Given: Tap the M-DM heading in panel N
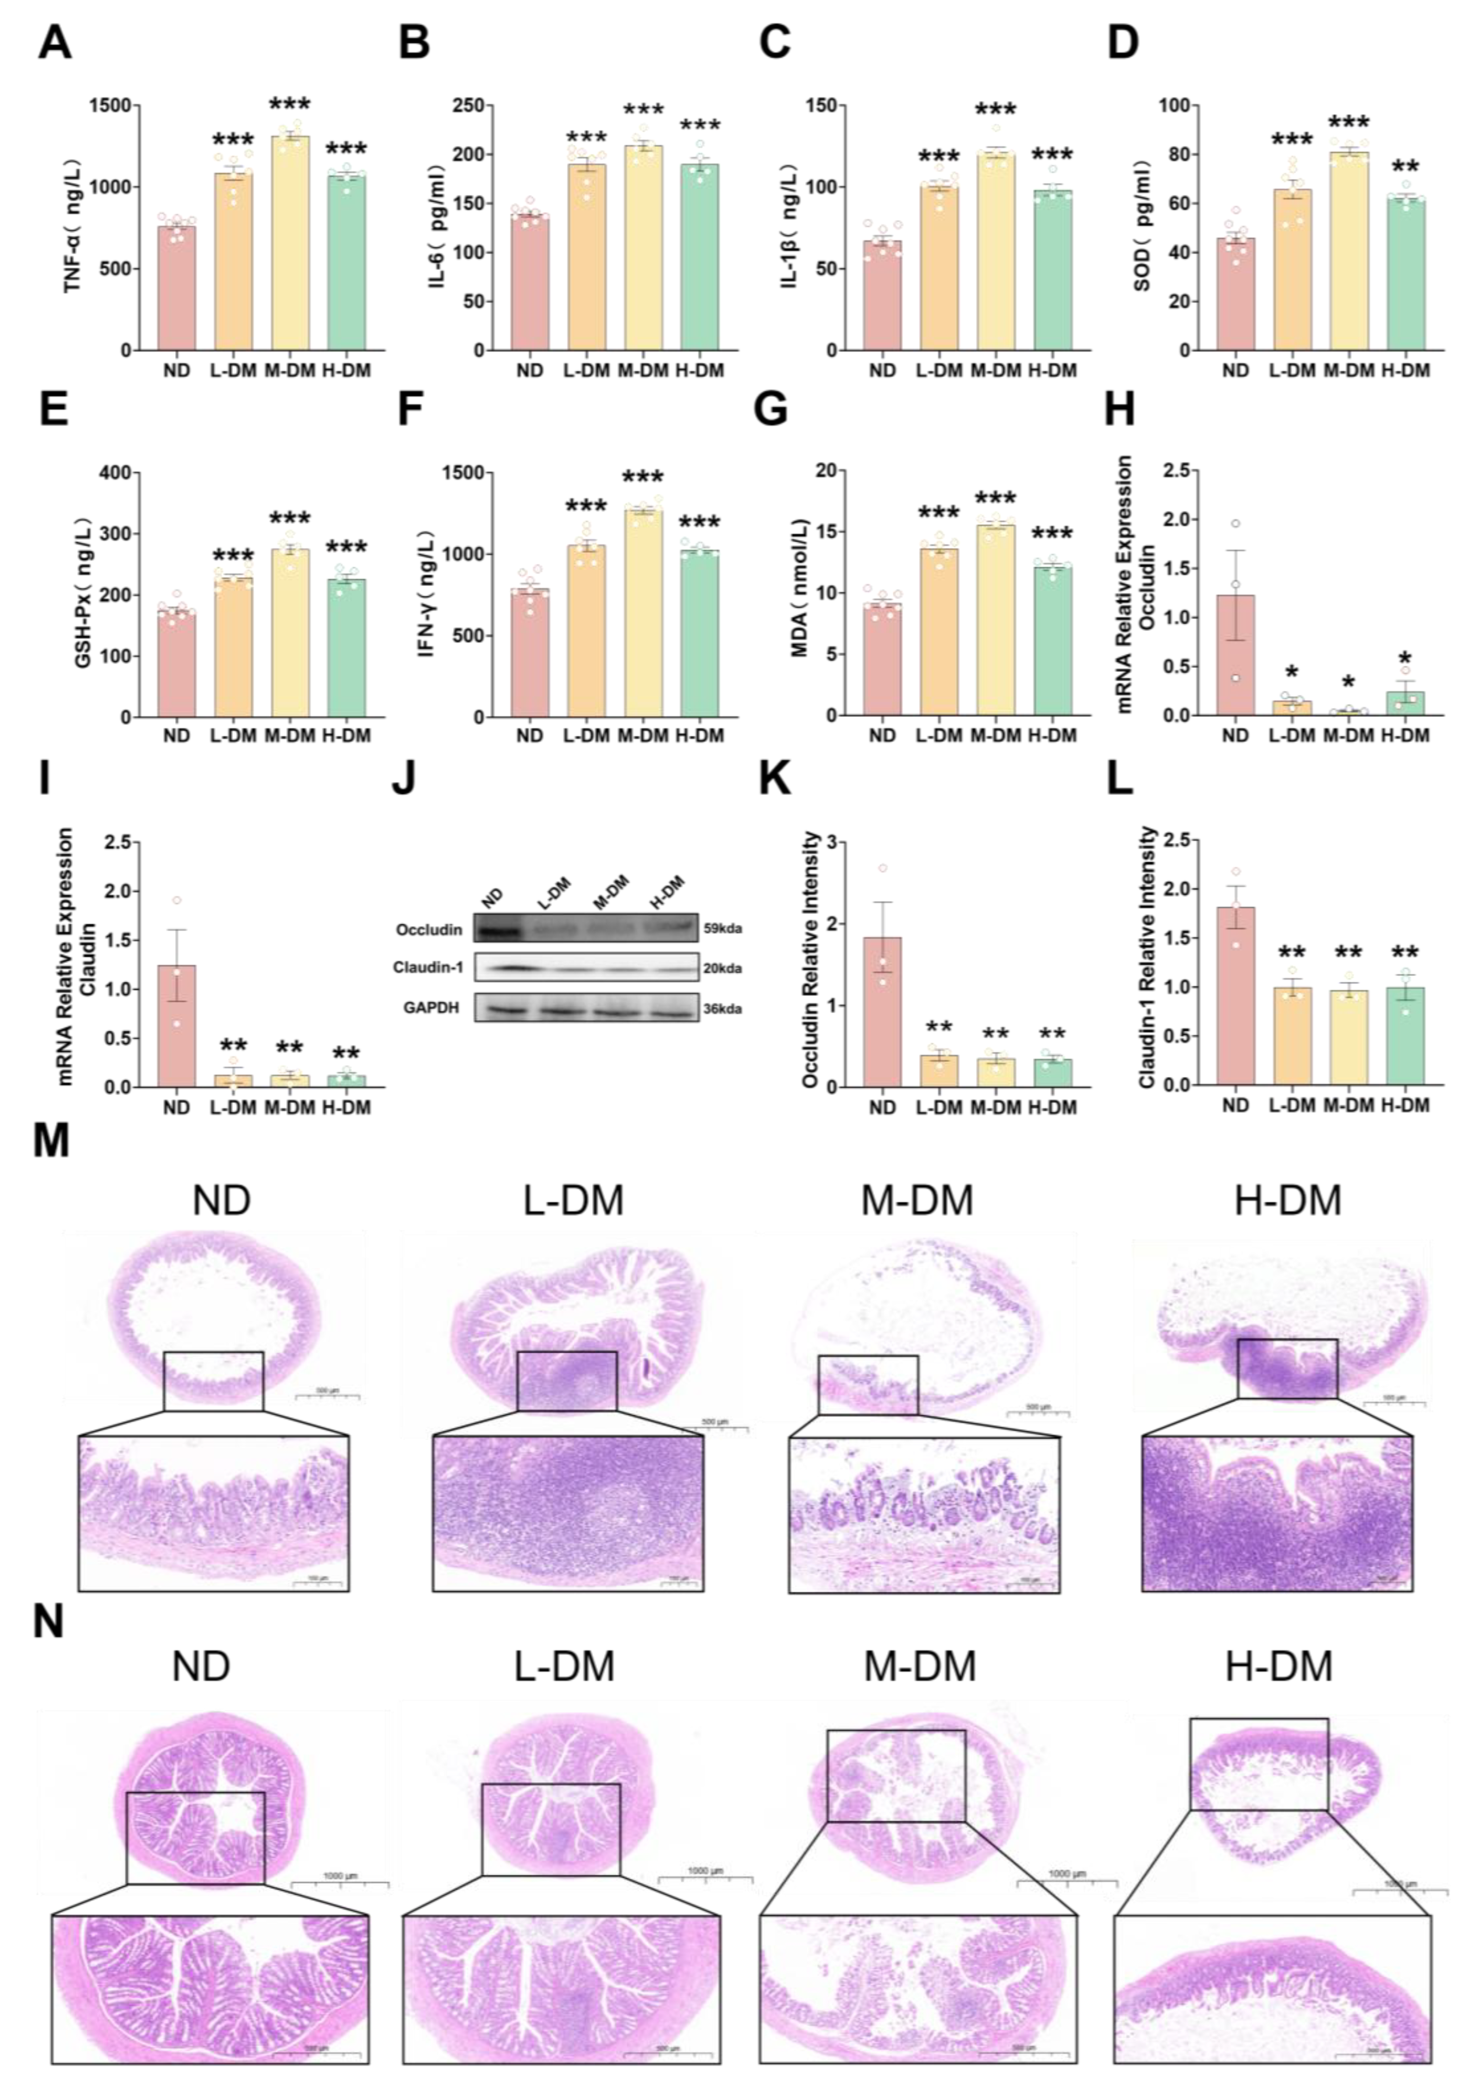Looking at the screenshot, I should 919,1667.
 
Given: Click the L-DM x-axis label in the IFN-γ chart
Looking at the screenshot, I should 585,735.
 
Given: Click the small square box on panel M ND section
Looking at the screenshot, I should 213,1381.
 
